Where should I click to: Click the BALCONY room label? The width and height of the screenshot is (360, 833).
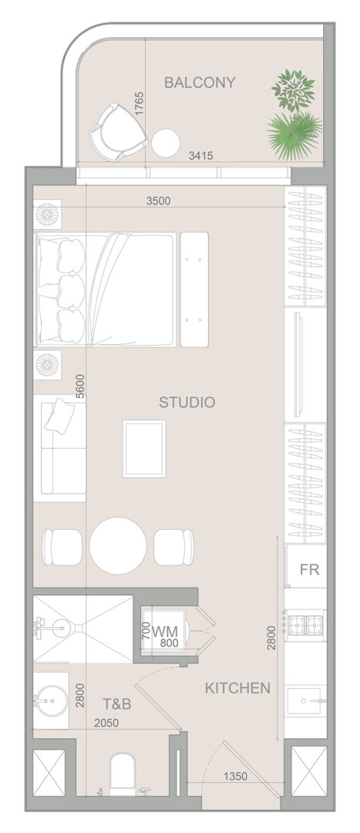click(199, 83)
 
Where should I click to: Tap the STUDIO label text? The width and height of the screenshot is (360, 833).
click(187, 402)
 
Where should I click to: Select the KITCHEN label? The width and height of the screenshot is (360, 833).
click(237, 689)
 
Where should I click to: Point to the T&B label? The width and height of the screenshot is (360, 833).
click(117, 704)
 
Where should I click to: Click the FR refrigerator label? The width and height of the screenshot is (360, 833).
click(310, 570)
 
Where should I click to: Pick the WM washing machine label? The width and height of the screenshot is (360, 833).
click(165, 632)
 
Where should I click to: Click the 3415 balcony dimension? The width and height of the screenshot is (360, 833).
click(200, 156)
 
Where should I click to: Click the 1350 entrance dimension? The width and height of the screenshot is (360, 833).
click(235, 776)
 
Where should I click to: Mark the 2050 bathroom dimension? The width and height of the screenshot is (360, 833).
click(106, 723)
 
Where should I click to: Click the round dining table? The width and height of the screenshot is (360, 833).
click(118, 545)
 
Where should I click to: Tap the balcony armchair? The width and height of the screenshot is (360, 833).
click(119, 130)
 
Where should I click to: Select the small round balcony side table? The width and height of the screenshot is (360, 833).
click(166, 143)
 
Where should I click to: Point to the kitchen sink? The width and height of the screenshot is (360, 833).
click(306, 701)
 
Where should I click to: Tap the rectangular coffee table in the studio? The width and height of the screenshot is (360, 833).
click(144, 448)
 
